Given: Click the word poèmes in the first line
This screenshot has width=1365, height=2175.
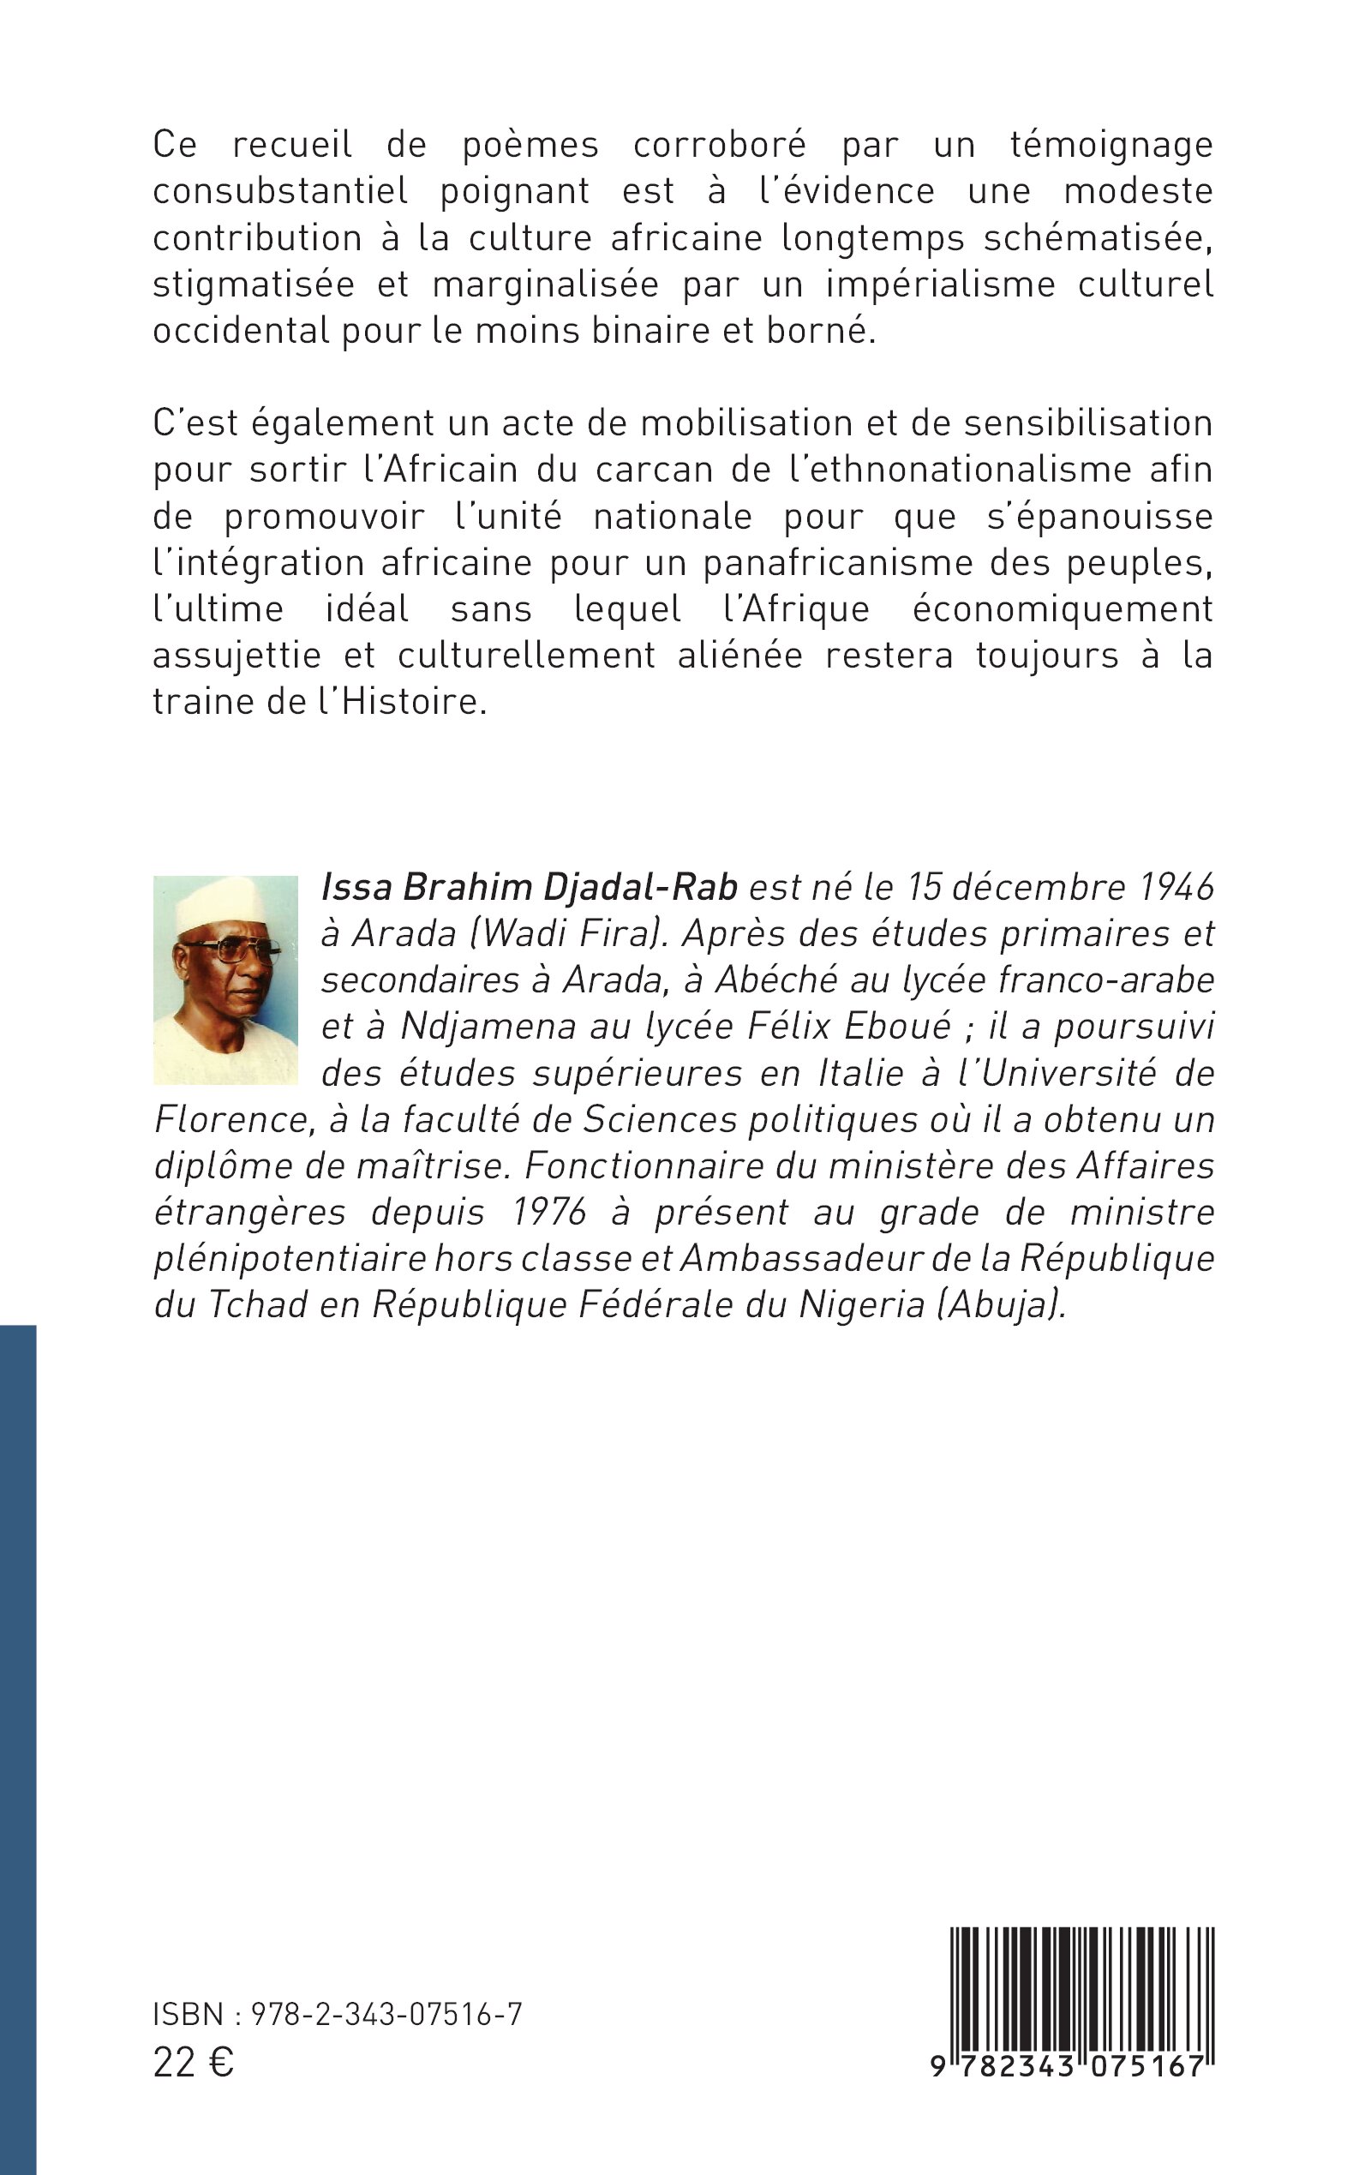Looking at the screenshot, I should point(530,145).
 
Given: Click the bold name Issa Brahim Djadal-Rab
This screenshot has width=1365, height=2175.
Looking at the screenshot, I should point(530,889).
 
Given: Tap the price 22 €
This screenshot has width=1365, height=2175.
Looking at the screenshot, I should point(193,2064).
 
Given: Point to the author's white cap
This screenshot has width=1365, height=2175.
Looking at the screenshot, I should point(220,904).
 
